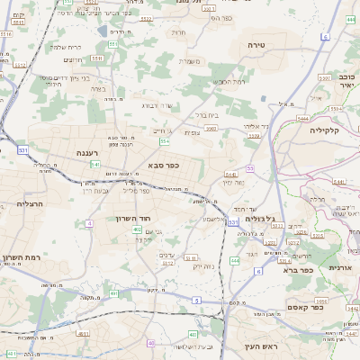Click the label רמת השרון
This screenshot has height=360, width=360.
(x=21, y=257)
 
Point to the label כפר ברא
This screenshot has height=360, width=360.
(x=297, y=269)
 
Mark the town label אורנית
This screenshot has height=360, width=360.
(x=339, y=267)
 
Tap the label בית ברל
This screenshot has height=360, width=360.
(x=207, y=115)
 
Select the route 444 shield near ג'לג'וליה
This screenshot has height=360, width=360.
(x=234, y=260)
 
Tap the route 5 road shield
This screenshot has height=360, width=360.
(x=196, y=299)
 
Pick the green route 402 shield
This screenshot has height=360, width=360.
(x=137, y=229)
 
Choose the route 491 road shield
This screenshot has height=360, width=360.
(x=113, y=292)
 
